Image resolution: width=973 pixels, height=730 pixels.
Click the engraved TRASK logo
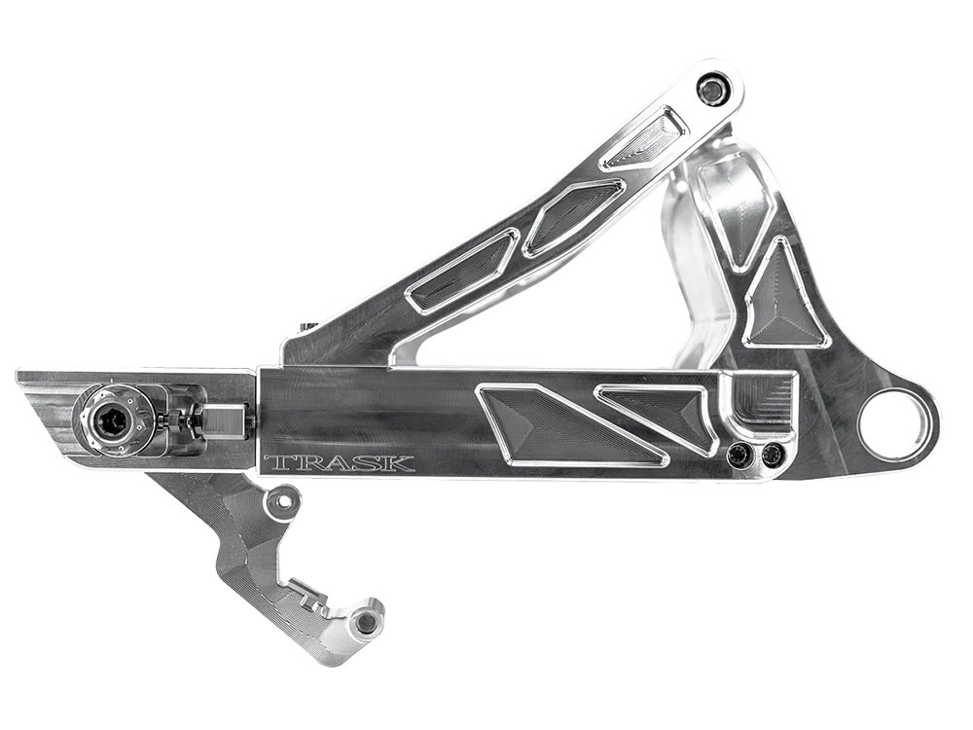339,463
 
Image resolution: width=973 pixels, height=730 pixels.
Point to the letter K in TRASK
401,463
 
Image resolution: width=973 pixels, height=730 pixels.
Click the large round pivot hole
896,425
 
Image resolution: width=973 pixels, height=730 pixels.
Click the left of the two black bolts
741,454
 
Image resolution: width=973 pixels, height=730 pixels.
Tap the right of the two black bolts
773,454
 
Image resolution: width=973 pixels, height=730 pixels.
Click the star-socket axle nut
115,422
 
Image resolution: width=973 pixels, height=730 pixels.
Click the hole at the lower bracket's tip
366,622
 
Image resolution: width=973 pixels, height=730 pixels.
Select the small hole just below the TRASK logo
283,502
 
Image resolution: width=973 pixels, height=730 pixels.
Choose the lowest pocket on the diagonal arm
461,272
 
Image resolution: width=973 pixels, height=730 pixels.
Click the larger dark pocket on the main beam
555,424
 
